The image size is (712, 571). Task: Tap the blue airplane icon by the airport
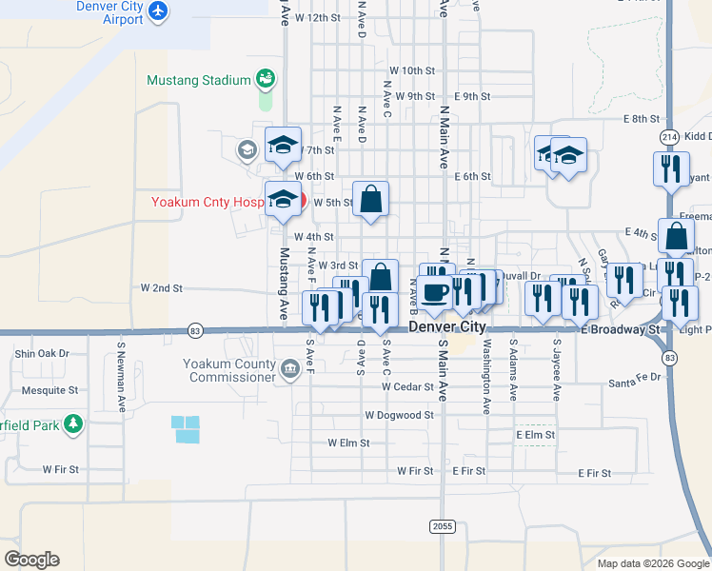(x=157, y=11)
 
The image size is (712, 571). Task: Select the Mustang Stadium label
(x=198, y=80)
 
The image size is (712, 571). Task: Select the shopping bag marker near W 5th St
(x=371, y=199)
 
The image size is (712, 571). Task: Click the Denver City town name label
(x=447, y=326)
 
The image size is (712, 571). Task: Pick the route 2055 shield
(x=441, y=525)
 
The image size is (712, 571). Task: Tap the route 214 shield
(x=669, y=136)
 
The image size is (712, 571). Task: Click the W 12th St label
(x=318, y=18)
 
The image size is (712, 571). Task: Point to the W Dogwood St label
(x=399, y=415)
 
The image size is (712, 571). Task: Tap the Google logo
(x=31, y=560)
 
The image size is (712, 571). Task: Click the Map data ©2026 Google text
(x=652, y=563)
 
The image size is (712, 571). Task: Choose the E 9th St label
(x=472, y=96)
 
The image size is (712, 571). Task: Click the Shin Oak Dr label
(x=43, y=353)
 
